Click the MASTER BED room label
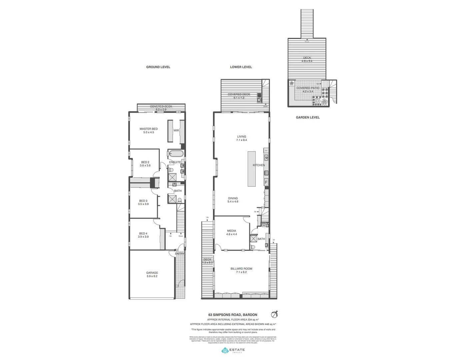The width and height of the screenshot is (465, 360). pyautogui.click(x=149, y=129)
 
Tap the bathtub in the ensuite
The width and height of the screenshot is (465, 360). pyautogui.click(x=175, y=154)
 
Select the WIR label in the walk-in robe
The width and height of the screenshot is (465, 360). pyautogui.click(x=176, y=130)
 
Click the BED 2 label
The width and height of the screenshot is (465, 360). pyautogui.click(x=145, y=162)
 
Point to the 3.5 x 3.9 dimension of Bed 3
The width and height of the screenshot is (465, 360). pyautogui.click(x=143, y=204)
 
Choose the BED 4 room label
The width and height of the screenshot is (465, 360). pyautogui.click(x=143, y=234)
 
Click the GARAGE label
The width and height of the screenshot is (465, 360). pyautogui.click(x=152, y=273)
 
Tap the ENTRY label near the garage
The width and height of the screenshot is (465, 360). pyautogui.click(x=180, y=254)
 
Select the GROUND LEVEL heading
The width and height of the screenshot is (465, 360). pyautogui.click(x=158, y=67)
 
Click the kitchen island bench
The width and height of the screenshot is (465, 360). pyautogui.click(x=251, y=169)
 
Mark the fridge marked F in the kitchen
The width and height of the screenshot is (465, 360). pyautogui.click(x=266, y=182)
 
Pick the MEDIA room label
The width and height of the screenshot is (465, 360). pyautogui.click(x=232, y=231)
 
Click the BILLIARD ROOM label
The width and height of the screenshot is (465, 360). pyautogui.click(x=241, y=269)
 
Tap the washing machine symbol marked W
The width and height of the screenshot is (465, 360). pyautogui.click(x=264, y=225)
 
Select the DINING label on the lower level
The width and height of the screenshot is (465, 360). pyautogui.click(x=233, y=198)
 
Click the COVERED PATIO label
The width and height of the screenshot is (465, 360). pyautogui.click(x=308, y=88)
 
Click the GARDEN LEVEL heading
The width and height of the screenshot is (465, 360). pyautogui.click(x=308, y=117)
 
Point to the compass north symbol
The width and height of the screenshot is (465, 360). pyautogui.click(x=274, y=314)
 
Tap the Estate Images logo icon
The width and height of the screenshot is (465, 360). pyautogui.click(x=225, y=350)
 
